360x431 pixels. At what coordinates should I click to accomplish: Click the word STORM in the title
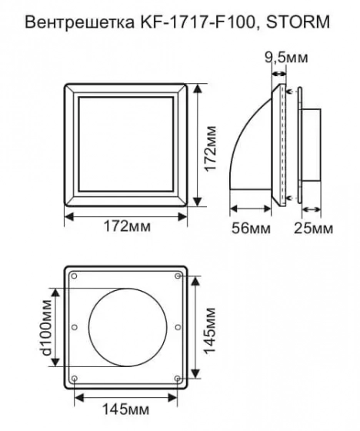[298, 22]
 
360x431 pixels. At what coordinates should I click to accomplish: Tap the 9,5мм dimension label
[286, 58]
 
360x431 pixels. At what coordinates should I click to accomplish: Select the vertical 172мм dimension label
[211, 149]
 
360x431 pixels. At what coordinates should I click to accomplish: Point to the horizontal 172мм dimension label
[127, 227]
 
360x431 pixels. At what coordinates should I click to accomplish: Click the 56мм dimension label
[251, 229]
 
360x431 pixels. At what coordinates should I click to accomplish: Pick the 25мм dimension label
[314, 229]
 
